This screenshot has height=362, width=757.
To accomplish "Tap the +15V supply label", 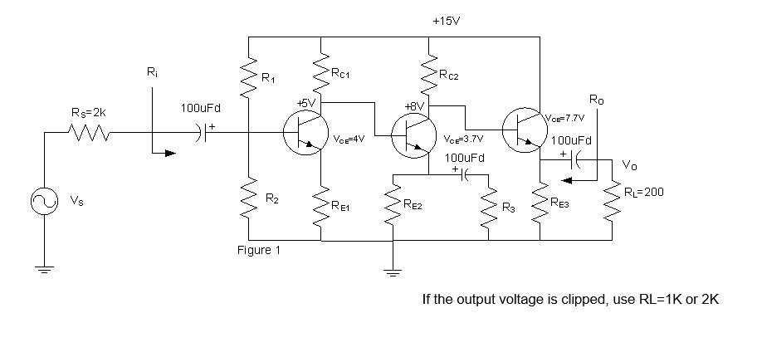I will (446, 18).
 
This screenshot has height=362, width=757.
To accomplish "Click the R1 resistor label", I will (267, 78).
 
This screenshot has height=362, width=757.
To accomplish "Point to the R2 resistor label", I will (271, 198).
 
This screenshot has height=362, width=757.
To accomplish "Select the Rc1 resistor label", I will (341, 74).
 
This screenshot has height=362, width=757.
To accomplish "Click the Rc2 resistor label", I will (448, 76).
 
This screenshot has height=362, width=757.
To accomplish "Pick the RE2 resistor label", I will (412, 204).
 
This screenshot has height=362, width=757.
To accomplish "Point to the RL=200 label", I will (644, 192).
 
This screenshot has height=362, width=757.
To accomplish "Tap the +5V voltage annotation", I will (307, 104).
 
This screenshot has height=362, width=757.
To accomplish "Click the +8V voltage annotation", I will (414, 107).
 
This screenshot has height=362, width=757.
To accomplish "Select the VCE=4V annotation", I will (350, 140).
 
